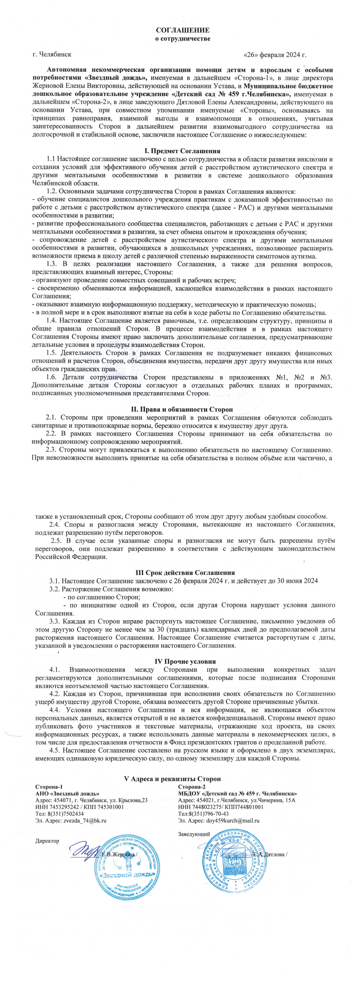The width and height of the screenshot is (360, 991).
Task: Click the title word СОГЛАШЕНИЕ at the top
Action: tap(183, 30)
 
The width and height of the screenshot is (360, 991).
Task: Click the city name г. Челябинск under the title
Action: tap(52, 55)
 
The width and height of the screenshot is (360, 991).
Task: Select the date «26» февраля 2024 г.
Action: tap(275, 55)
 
